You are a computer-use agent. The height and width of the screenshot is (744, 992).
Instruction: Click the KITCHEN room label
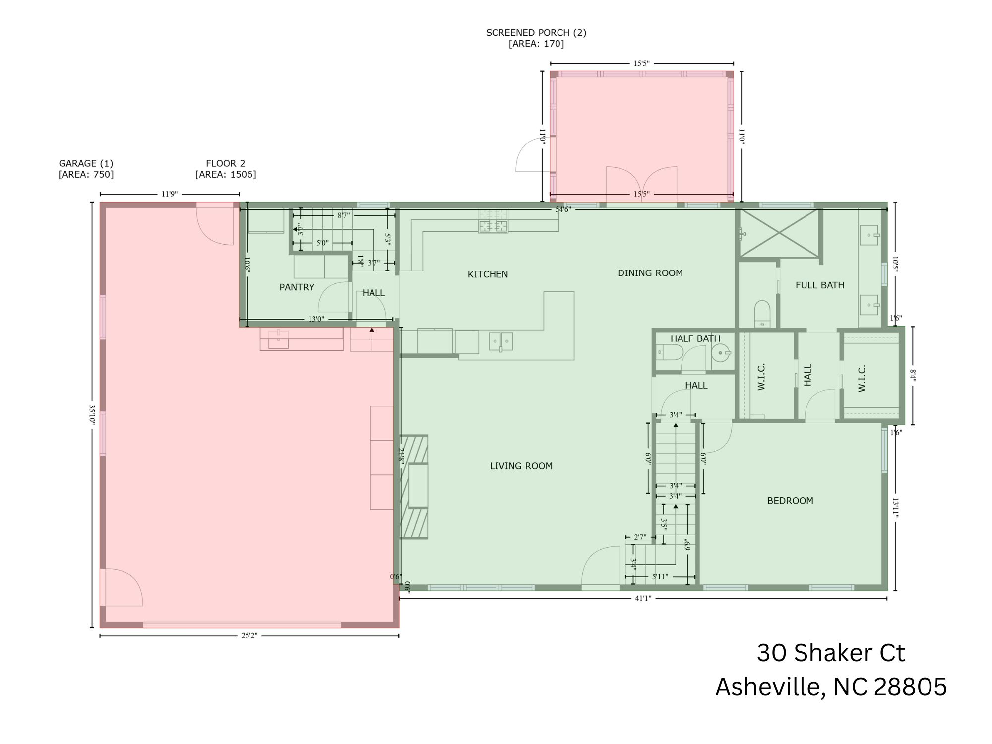488,274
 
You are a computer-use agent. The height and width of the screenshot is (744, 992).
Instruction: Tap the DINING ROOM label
650,273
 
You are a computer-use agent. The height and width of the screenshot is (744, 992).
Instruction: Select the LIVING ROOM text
521,466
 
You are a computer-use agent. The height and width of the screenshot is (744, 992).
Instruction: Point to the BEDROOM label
790,501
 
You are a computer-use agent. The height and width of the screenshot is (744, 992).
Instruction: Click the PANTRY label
297,287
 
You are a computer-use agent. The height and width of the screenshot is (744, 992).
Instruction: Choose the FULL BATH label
819,285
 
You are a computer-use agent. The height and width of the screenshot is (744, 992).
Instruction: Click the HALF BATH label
695,338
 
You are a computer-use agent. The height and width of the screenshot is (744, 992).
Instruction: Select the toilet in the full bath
762,313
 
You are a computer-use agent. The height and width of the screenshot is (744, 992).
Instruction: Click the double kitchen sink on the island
500,341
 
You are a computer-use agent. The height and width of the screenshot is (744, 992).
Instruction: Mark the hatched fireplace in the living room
414,486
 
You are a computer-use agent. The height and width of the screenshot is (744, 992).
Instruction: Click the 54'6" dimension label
563,209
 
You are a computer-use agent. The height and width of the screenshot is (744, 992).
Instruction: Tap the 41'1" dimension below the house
643,598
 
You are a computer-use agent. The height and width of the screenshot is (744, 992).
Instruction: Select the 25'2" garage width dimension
249,636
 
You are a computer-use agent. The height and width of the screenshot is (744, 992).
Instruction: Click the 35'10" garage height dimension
92,413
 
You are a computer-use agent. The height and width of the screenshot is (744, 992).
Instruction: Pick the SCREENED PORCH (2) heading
536,33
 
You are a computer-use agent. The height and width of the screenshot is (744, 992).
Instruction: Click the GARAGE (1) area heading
86,163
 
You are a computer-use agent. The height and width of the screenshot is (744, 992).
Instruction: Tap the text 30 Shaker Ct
831,653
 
